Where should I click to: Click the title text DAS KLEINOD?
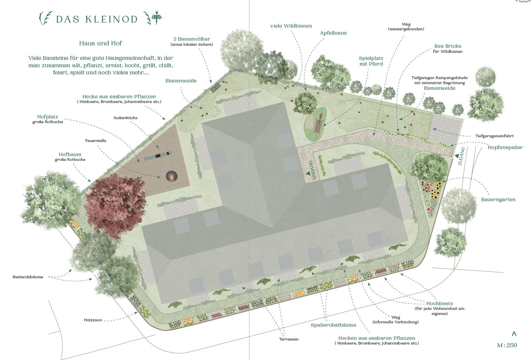[97, 19]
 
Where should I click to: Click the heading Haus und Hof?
[100, 43]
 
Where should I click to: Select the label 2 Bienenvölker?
[192, 39]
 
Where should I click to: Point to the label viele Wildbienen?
[291, 26]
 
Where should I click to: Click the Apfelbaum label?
[333, 33]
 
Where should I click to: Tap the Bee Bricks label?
[448, 46]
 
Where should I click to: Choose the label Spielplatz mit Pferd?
[371, 61]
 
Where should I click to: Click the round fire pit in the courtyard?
[171, 176]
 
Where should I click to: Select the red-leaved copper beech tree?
[114, 205]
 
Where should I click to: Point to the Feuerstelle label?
[96, 141]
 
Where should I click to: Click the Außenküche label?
[126, 118]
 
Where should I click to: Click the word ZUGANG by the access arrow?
[461, 156]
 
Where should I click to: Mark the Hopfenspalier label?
[505, 147]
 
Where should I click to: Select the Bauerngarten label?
[498, 200]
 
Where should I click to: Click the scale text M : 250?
[507, 345]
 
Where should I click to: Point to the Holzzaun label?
[93, 320]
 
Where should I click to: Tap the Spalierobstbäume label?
[333, 325]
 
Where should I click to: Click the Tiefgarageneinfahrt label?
[494, 136]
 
